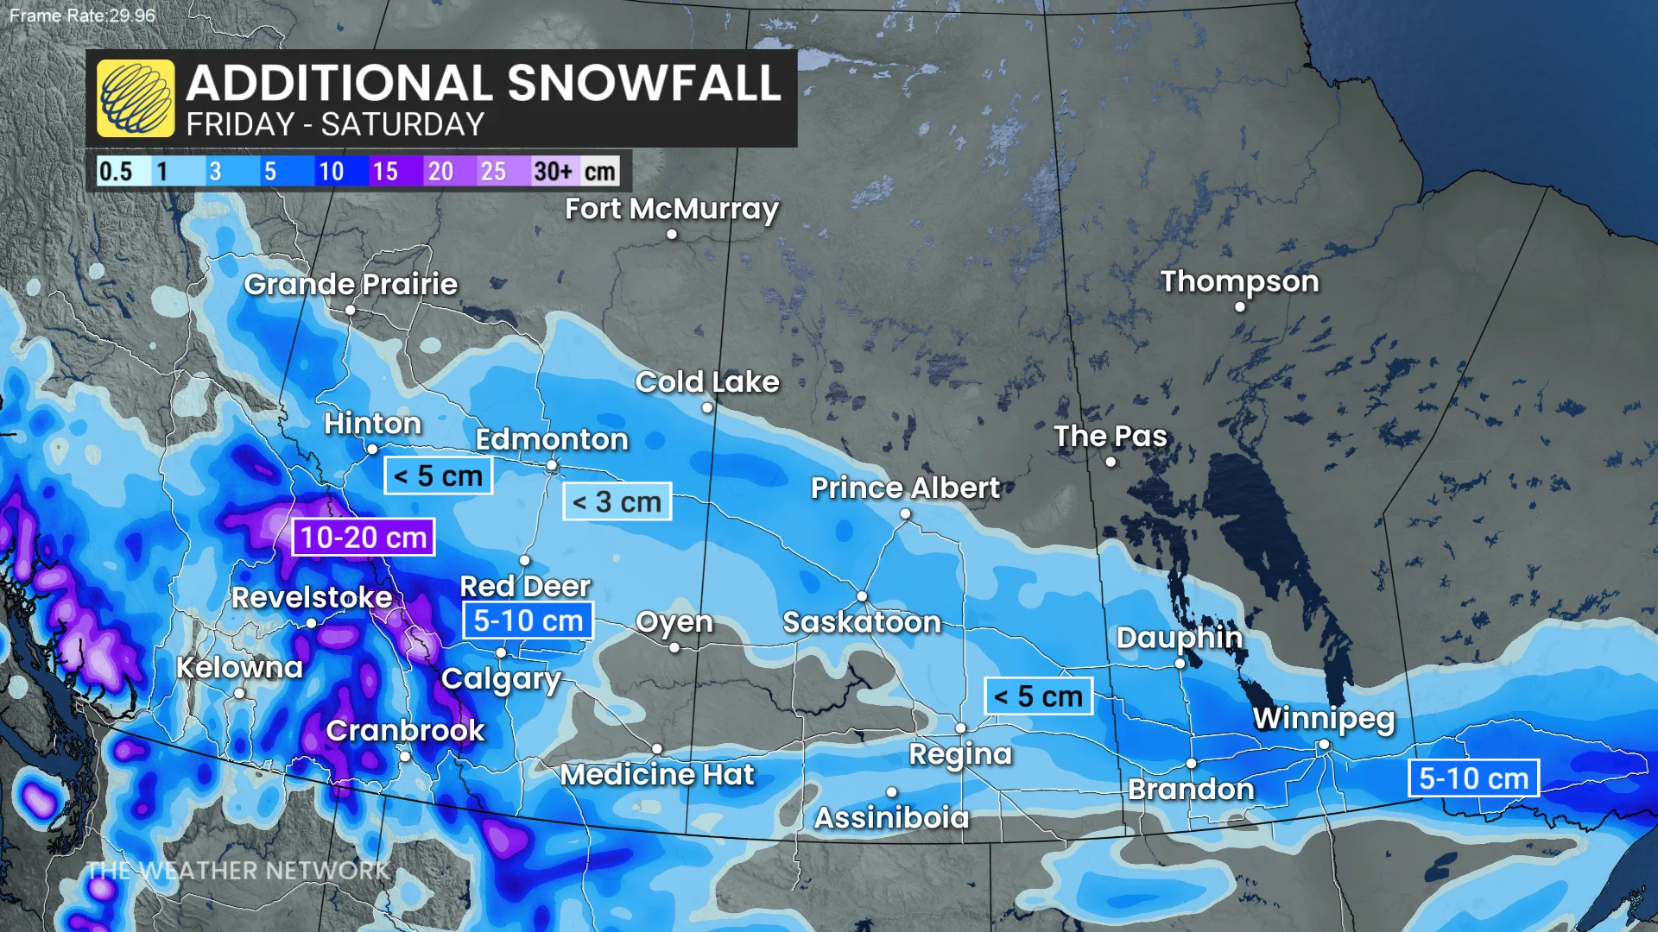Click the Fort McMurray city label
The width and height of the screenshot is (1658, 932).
pyautogui.click(x=671, y=209)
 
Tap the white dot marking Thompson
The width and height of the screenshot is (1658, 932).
pyautogui.click(x=1240, y=306)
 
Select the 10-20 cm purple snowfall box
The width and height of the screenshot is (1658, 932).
pyautogui.click(x=363, y=537)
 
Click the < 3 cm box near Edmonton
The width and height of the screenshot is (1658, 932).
pyautogui.click(x=617, y=501)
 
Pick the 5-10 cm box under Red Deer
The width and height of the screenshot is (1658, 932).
pyautogui.click(x=528, y=620)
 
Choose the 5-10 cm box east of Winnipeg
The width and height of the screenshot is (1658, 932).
pyautogui.click(x=1473, y=778)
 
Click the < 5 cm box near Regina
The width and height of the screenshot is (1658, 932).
pyautogui.click(x=1038, y=696)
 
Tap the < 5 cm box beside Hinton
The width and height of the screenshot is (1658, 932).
pyautogui.click(x=438, y=475)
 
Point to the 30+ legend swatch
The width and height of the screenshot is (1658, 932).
pyautogui.click(x=553, y=171)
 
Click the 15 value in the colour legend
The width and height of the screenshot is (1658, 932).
pyautogui.click(x=385, y=171)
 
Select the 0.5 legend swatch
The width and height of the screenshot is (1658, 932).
pyautogui.click(x=116, y=171)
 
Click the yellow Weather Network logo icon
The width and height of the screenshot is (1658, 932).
pyautogui.click(x=136, y=98)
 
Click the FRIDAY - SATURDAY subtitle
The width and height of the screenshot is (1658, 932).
pyautogui.click(x=335, y=125)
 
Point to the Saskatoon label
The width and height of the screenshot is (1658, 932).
pyautogui.click(x=861, y=622)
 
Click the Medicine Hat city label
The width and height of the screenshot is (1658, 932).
pyautogui.click(x=657, y=775)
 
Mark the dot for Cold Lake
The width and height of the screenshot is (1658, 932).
pyautogui.click(x=707, y=407)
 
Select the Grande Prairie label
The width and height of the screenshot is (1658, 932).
pyautogui.click(x=351, y=284)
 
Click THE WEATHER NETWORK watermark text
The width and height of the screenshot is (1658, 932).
pyautogui.click(x=237, y=870)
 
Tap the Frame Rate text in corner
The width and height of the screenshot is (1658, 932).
pyautogui.click(x=82, y=16)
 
